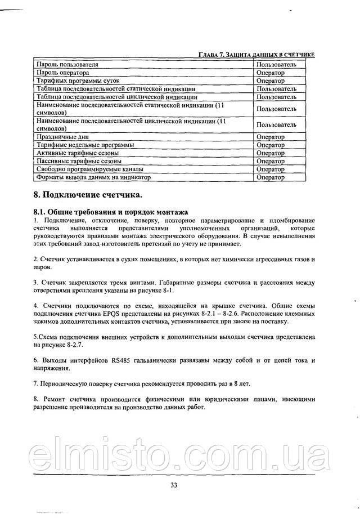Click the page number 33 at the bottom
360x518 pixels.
(173, 485)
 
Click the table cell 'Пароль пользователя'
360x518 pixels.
(68, 65)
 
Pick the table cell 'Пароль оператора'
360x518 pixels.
(62, 73)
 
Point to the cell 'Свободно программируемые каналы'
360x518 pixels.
(89, 169)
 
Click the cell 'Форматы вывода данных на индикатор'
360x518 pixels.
(93, 177)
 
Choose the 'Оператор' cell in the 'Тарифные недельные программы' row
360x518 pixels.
(270, 145)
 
